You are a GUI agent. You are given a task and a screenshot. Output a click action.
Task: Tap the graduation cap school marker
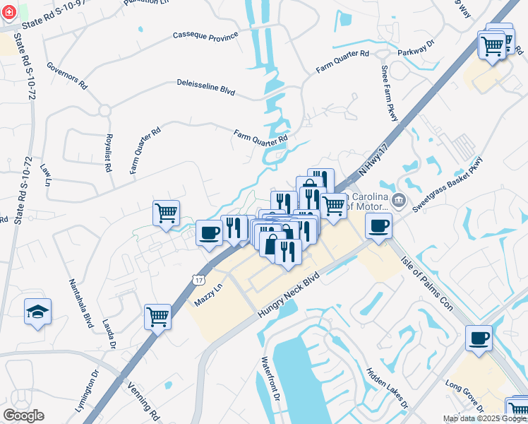tap(37, 312)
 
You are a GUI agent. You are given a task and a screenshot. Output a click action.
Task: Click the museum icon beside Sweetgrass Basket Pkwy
tap(399, 201)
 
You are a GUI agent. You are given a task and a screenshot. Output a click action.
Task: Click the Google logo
tap(23, 416)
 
